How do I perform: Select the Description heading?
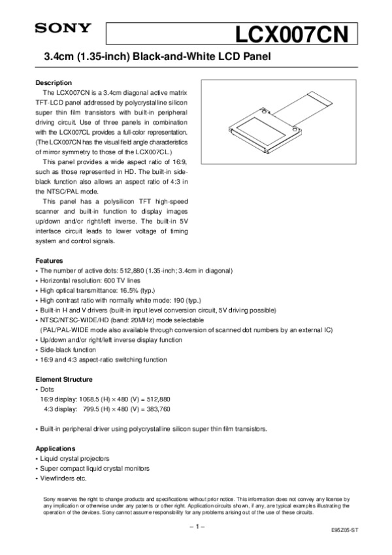53,83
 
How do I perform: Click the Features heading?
49,260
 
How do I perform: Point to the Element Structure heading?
63,379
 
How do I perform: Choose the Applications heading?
56,448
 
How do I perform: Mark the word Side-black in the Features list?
56,350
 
